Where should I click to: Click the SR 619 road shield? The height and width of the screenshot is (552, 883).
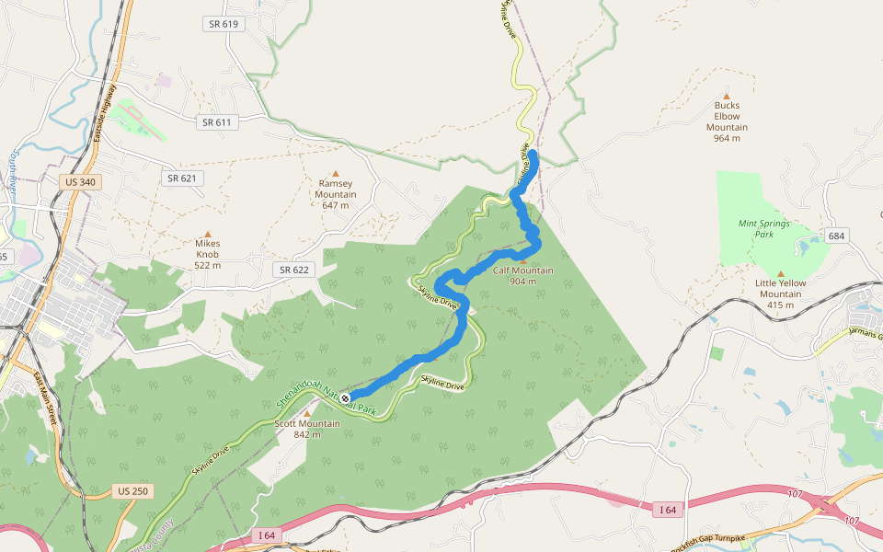tap(224, 23)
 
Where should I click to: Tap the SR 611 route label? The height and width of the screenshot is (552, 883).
tap(217, 121)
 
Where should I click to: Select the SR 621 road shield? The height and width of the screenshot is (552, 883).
tap(183, 178)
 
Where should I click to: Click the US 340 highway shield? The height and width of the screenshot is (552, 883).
tap(79, 182)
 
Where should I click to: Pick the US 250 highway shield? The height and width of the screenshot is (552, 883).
tap(132, 491)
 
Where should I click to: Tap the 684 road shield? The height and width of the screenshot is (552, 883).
tap(835, 236)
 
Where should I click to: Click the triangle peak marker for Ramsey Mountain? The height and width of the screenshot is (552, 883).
tap(336, 173)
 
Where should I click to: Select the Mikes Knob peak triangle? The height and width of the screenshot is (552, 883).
tap(208, 235)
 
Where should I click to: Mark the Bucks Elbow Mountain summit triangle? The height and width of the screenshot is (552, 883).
tap(727, 95)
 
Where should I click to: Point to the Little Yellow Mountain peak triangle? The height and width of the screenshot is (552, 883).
tap(780, 273)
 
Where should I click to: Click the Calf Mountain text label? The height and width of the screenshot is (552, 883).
tap(522, 270)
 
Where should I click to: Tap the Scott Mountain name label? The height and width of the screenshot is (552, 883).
tap(307, 423)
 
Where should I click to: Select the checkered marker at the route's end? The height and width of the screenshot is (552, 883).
tap(345, 398)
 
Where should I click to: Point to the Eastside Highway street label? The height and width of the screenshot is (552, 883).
tap(104, 115)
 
